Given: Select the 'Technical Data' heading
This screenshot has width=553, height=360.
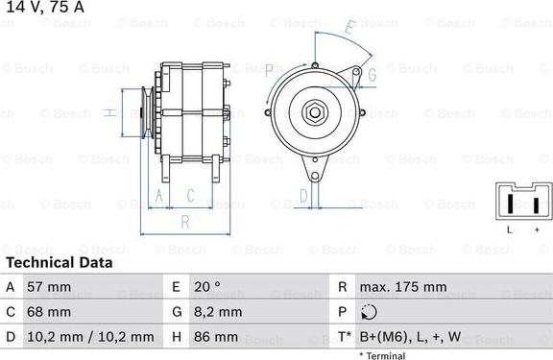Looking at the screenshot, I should coord(59,262).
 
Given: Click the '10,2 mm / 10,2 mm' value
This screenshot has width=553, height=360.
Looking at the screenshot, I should coord(91,337).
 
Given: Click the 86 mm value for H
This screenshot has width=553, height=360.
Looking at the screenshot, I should coord(215,337).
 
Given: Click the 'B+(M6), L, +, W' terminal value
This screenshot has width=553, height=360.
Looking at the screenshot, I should coord(410,337).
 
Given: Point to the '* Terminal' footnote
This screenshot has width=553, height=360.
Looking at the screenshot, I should coord(382,355).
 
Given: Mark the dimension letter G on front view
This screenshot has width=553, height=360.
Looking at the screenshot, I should coord(371,73).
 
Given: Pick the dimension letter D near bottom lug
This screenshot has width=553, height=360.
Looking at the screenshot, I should coord(302,196).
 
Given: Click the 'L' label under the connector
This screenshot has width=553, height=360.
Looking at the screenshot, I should coord(509,230).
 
